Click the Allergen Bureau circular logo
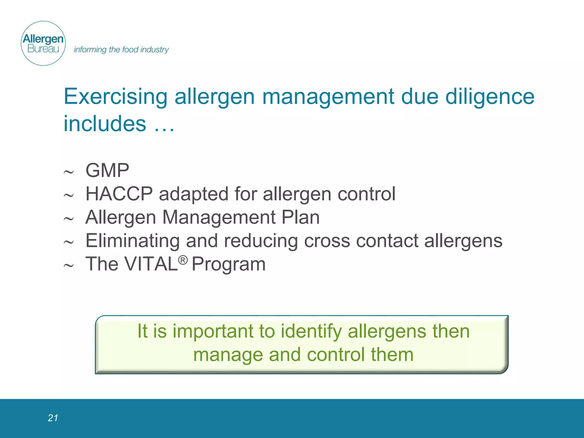(43, 43)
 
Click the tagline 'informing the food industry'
(121, 50)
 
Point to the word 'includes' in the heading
(105, 124)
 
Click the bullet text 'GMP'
(107, 171)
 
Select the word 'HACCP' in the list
(119, 194)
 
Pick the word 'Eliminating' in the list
(132, 240)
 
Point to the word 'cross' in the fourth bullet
(327, 241)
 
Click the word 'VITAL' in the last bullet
(151, 264)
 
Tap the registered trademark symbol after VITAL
(183, 260)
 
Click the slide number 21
(53, 418)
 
